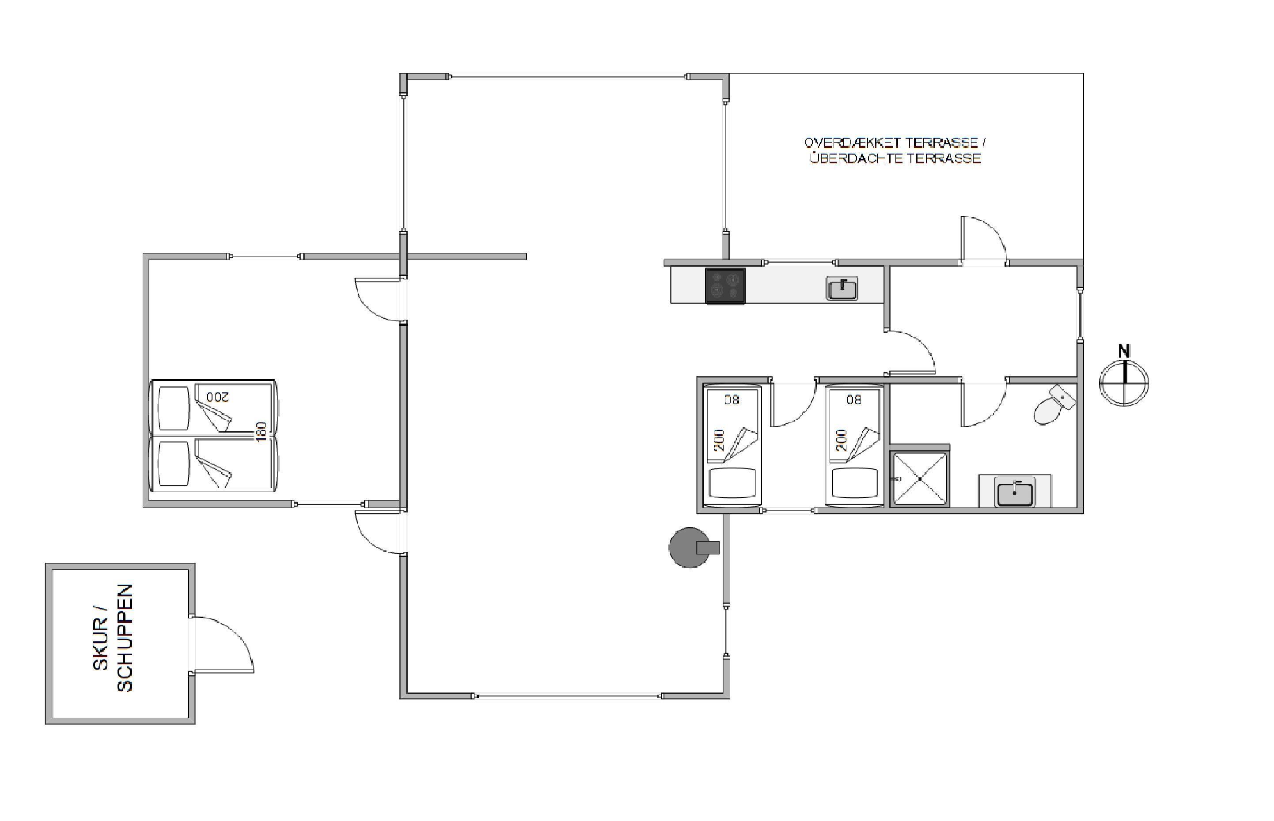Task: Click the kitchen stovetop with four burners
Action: pyautogui.click(x=725, y=286)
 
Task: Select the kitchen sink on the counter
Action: pyautogui.click(x=842, y=288)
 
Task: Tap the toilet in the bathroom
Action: pyautogui.click(x=1054, y=405)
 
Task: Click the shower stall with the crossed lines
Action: pyautogui.click(x=919, y=478)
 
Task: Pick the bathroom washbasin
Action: pyautogui.click(x=1015, y=492)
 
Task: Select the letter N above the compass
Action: pyautogui.click(x=1124, y=351)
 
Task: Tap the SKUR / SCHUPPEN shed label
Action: pyautogui.click(x=113, y=638)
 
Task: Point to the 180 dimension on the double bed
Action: pyautogui.click(x=260, y=431)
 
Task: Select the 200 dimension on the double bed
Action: pyautogui.click(x=217, y=397)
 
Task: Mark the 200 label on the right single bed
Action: pyautogui.click(x=842, y=440)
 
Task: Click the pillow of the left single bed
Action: pyautogui.click(x=732, y=482)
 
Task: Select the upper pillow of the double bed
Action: pyautogui.click(x=174, y=408)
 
